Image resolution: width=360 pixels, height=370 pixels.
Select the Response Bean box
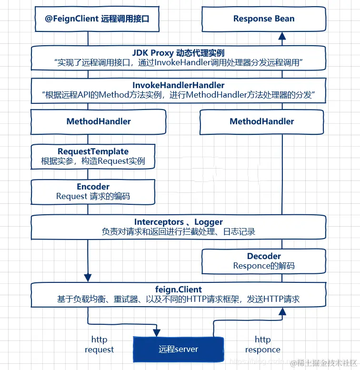pos(264,20)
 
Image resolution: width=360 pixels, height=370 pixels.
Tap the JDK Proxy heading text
pos(178,52)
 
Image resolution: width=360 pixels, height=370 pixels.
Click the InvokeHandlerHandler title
pos(178,85)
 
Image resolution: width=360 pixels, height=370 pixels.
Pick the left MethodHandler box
pos(99,121)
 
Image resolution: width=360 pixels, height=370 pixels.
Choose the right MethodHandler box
pos(261,121)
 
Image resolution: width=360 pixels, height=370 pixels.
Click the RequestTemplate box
pos(93,157)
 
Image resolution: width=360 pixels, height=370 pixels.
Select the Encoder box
pos(93,191)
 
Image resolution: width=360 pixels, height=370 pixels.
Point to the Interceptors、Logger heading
pos(178,222)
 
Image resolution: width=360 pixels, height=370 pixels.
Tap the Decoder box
pos(264,261)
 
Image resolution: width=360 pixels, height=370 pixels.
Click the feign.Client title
pos(178,290)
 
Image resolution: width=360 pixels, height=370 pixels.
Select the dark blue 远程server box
pos(178,349)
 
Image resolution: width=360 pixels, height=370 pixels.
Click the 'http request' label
pos(99,345)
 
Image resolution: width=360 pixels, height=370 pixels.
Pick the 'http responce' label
pos(262,345)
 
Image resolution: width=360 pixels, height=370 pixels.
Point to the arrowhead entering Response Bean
pos(282,35)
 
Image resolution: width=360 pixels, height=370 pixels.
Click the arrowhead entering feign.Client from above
pos(88,277)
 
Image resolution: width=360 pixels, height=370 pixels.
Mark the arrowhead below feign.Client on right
pos(282,311)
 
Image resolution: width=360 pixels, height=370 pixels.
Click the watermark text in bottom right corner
pos(324,363)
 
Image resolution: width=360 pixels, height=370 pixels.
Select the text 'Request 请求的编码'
pos(93,196)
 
